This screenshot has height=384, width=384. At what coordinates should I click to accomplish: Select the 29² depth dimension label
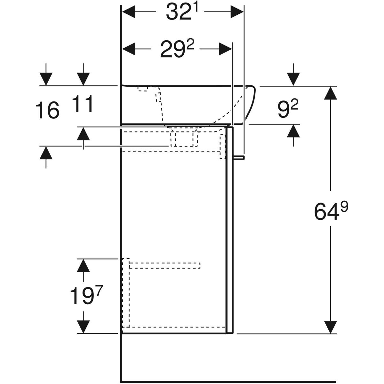coord(177,50)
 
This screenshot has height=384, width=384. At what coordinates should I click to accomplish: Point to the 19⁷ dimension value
coord(85,296)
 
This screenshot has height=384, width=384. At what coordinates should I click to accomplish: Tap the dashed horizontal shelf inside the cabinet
coord(165,265)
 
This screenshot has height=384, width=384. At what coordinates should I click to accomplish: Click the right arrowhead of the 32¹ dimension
coord(237,12)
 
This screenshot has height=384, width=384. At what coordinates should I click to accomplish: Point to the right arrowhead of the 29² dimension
coord(225,50)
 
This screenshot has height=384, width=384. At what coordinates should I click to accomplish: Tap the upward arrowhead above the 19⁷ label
coord(84,265)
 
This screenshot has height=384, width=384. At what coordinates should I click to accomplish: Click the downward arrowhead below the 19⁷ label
coord(84,327)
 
